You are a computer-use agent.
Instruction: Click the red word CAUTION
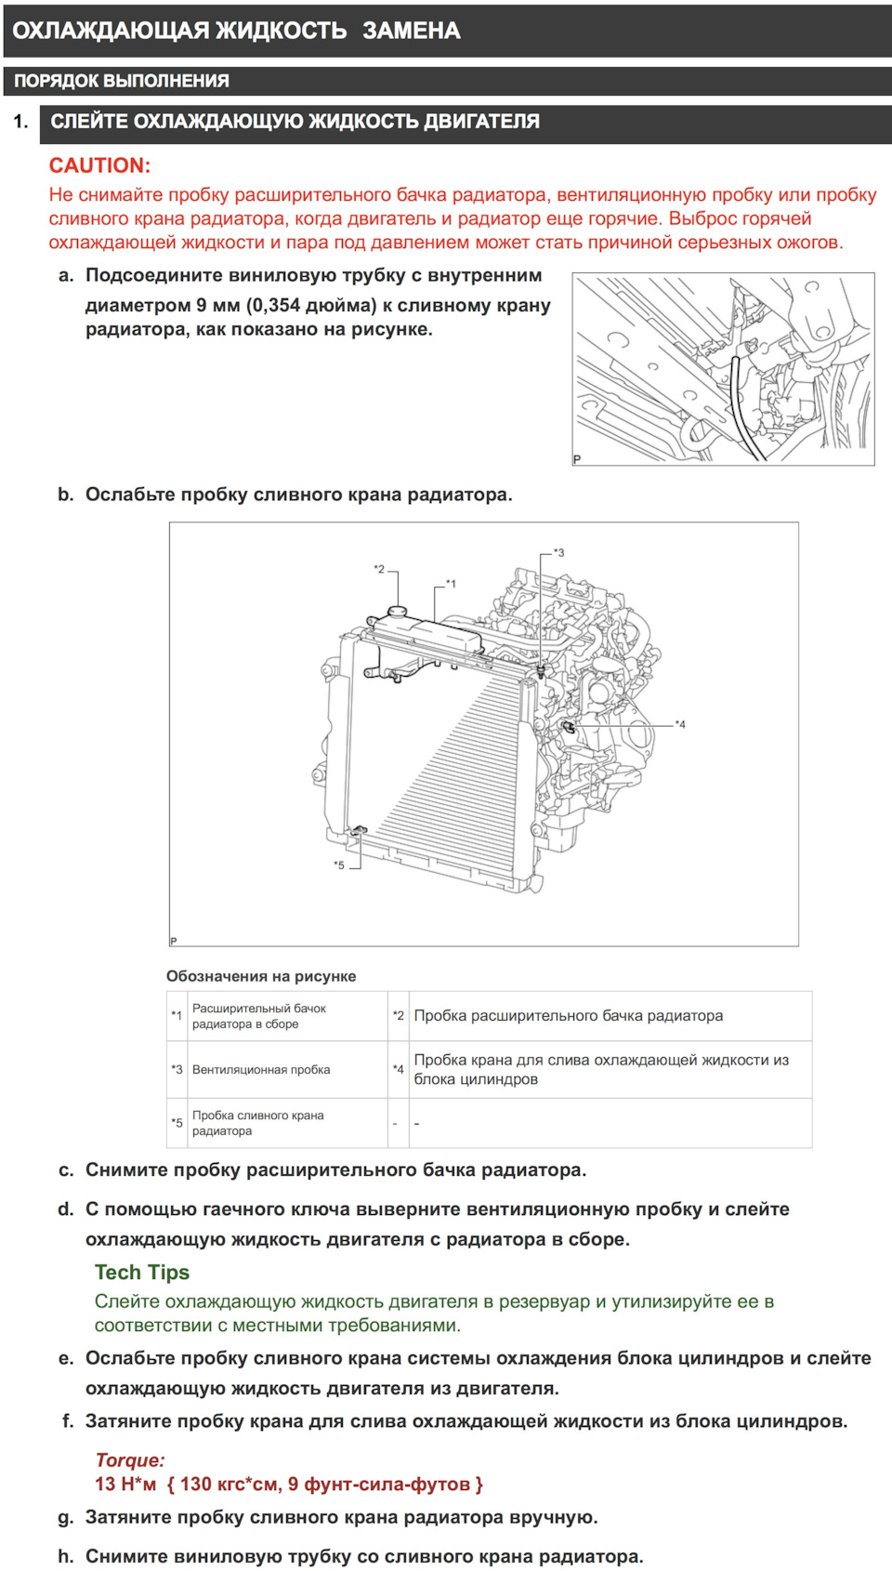99,165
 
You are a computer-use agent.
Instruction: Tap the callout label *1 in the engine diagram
451,584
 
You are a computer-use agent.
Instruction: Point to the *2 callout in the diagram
379,569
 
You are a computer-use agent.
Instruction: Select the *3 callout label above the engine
558,552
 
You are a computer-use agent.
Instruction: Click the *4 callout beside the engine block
680,724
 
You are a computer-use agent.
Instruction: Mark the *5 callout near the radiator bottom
339,865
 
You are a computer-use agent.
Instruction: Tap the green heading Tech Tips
142,1273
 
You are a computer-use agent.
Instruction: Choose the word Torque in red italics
130,1459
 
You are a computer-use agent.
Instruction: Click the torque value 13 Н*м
125,1484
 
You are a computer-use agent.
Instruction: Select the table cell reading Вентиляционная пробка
261,1070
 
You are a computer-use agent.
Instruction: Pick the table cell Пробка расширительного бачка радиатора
568,1016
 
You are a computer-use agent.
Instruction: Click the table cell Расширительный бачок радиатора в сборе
259,1016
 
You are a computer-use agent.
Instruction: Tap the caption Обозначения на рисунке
261,976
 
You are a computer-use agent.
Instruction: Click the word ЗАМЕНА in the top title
411,31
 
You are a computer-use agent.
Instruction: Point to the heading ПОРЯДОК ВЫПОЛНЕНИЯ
122,81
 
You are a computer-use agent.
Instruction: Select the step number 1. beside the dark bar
20,122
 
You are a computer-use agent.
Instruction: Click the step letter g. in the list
65,1517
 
